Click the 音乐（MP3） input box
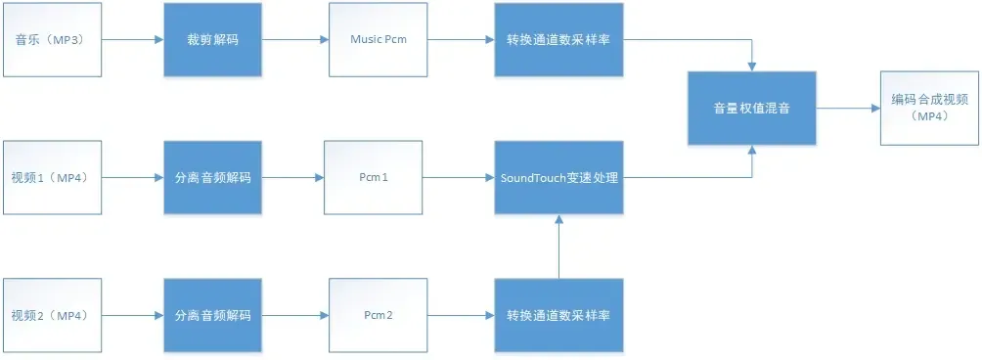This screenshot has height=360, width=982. click(52, 40)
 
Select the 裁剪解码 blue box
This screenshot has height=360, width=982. click(212, 40)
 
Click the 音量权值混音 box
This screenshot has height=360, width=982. click(751, 109)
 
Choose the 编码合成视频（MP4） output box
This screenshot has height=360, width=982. click(928, 108)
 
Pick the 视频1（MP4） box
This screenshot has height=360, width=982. click(52, 178)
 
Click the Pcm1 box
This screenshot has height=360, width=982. click(374, 178)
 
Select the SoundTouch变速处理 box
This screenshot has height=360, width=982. click(558, 178)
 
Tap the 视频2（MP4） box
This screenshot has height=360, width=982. click(52, 316)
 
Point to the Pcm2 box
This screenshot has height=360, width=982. click(377, 316)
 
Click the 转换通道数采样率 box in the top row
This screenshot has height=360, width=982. click(558, 40)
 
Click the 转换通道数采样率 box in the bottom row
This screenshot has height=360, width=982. click(558, 316)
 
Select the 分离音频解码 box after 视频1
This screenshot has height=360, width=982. click(212, 178)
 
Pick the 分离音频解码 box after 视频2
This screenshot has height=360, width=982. click(212, 316)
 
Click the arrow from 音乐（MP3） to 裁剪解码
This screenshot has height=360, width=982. click(132, 40)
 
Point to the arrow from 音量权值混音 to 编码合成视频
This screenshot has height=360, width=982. click(847, 109)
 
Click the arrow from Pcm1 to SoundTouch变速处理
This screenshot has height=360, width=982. click(458, 178)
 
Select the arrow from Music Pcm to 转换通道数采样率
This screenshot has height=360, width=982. click(460, 40)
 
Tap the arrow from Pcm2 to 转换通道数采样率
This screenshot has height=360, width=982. click(460, 316)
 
